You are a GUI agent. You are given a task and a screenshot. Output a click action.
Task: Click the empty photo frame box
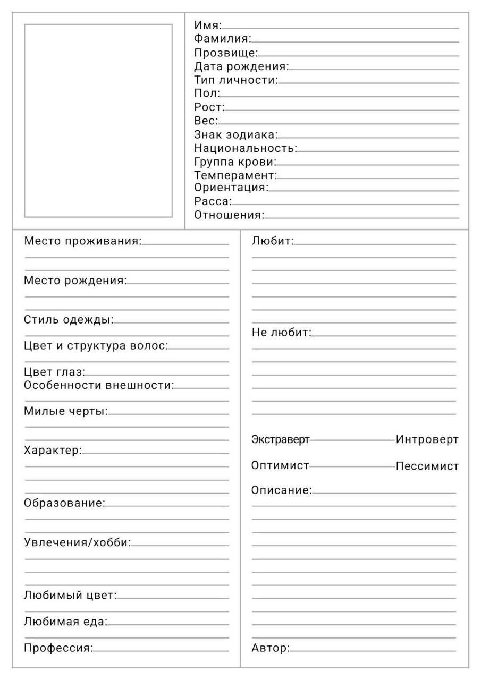tap(98, 121)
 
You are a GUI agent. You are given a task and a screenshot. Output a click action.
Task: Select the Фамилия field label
tap(222, 38)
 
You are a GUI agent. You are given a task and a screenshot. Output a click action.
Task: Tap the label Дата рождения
tap(241, 66)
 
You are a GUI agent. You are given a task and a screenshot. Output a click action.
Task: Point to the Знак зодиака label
tap(236, 134)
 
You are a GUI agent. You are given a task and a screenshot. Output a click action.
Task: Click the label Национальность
tap(246, 148)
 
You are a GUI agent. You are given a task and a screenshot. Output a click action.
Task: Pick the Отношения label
tap(229, 215)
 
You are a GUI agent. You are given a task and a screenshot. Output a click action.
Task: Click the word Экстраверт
tap(280, 440)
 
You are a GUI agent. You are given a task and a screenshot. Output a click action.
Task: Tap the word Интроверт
tap(427, 440)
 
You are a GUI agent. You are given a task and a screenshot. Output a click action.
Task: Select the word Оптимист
tap(280, 466)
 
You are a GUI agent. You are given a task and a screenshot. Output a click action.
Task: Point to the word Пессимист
tap(427, 466)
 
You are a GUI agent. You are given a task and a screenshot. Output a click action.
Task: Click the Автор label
tap(271, 648)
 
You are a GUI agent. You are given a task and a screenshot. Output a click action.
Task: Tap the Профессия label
tap(58, 648)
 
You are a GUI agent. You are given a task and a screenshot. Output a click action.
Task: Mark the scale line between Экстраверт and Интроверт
tap(352, 440)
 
